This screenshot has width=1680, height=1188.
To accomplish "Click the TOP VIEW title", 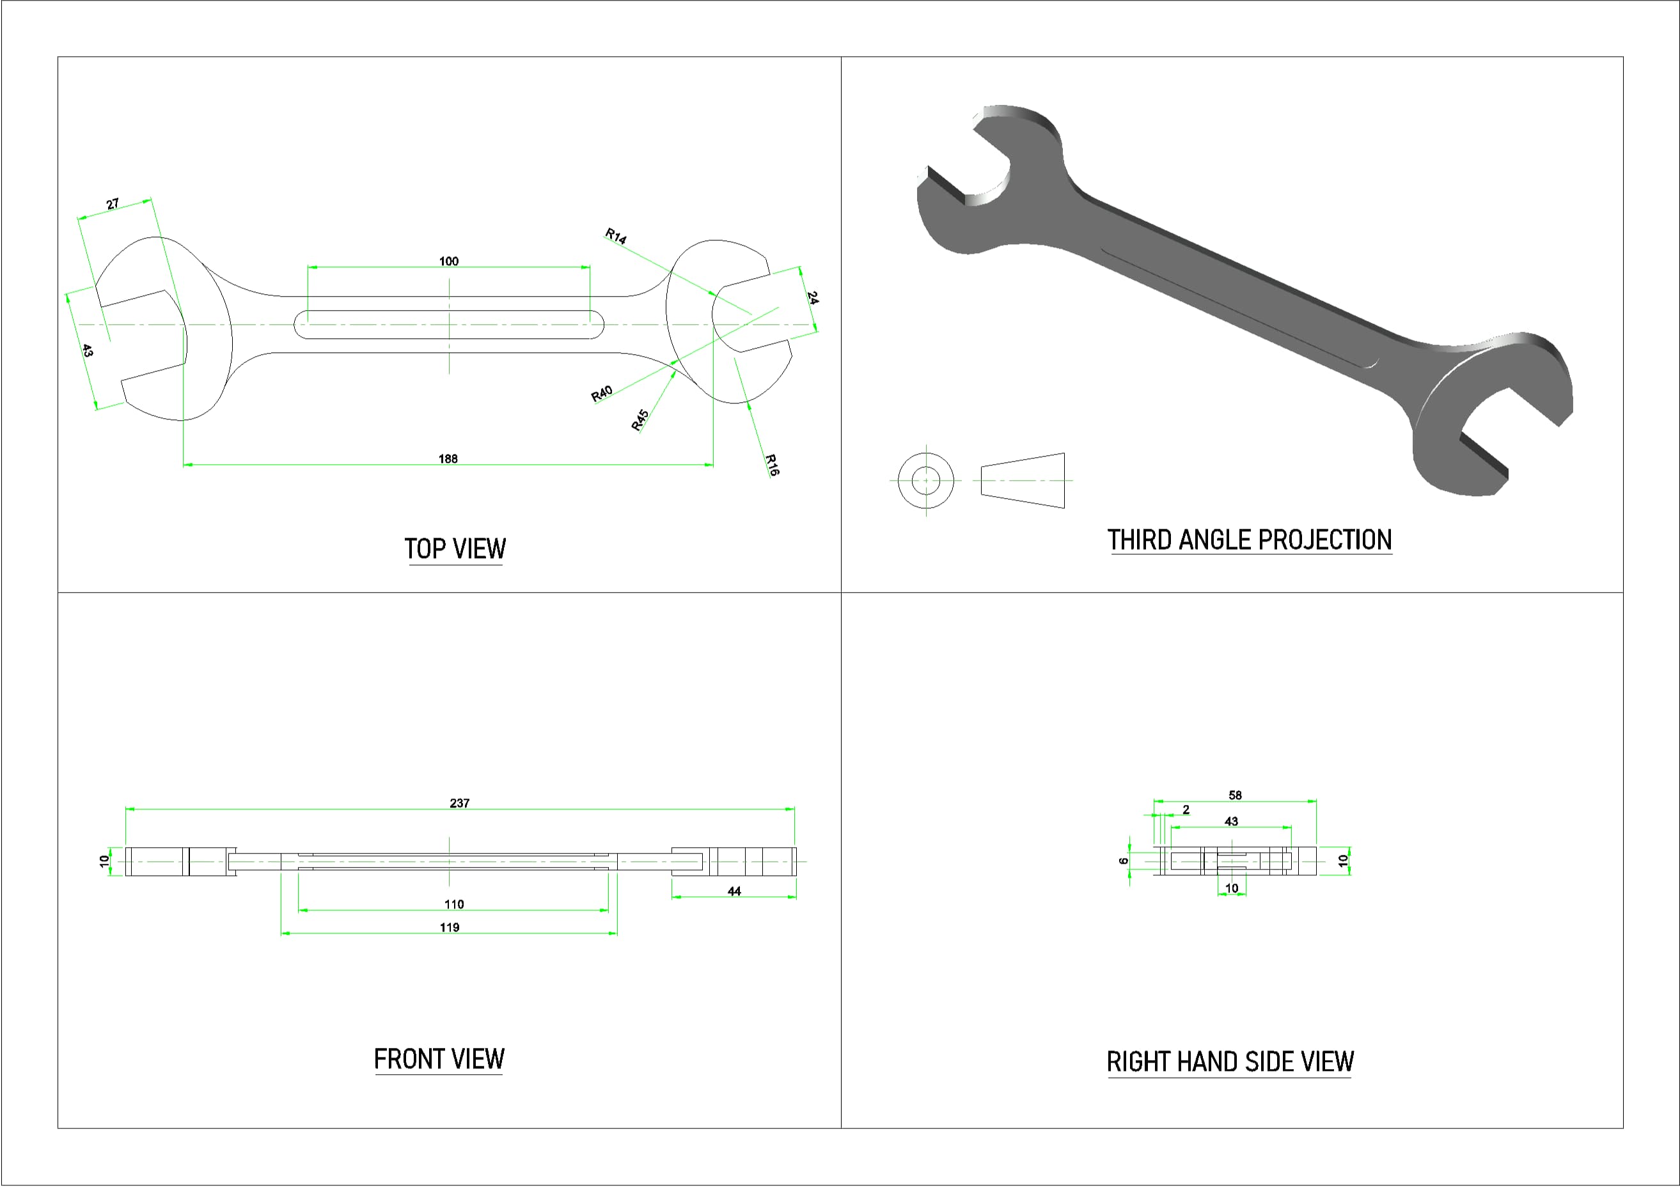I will click(x=455, y=549).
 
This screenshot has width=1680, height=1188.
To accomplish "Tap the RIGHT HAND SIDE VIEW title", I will click(x=1230, y=1061).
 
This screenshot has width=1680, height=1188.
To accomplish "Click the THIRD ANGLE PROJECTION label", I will click(x=1249, y=540).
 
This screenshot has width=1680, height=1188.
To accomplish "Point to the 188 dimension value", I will click(x=448, y=458).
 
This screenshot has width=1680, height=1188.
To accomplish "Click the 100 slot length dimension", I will click(x=448, y=261).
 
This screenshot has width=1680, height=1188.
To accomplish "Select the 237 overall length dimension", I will click(x=460, y=803).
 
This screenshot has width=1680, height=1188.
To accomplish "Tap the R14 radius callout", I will click(x=615, y=237).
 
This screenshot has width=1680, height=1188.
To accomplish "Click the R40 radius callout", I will click(x=602, y=395).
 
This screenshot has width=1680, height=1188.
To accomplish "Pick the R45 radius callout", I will click(x=640, y=420).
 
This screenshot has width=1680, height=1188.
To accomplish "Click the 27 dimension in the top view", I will click(x=113, y=204).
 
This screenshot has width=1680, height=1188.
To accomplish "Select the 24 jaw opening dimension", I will click(x=812, y=298).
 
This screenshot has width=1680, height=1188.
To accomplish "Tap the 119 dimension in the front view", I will click(x=450, y=928).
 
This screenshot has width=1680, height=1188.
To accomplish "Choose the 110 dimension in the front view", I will click(x=453, y=904).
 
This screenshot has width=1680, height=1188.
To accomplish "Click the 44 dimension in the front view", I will click(x=734, y=891).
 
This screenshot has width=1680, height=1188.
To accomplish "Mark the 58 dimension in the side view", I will click(x=1235, y=795).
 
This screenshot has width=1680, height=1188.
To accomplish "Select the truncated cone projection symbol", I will click(x=1023, y=481).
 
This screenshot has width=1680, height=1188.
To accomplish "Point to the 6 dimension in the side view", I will click(x=1124, y=861).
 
